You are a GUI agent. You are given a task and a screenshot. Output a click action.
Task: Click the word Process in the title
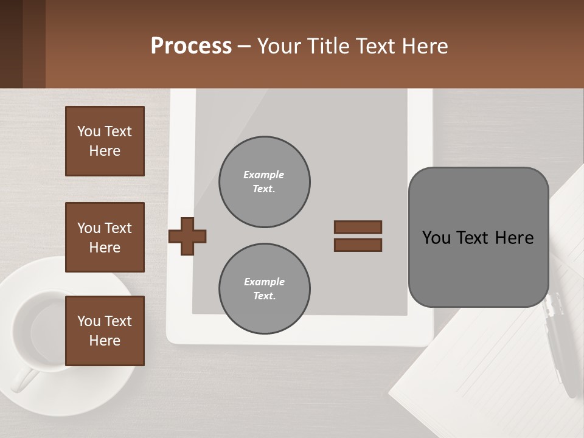pyautogui.click(x=191, y=46)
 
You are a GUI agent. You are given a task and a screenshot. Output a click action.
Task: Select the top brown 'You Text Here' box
pyautogui.click(x=105, y=141)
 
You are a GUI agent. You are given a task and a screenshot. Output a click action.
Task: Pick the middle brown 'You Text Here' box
pyautogui.click(x=105, y=237)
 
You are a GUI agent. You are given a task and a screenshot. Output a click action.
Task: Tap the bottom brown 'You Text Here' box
pyautogui.click(x=105, y=331)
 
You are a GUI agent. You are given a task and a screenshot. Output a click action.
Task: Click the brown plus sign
pyautogui.click(x=187, y=236)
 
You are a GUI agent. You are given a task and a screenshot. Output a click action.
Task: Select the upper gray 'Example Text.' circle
pyautogui.click(x=264, y=182)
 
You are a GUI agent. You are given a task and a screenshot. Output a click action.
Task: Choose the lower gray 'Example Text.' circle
pyautogui.click(x=264, y=289)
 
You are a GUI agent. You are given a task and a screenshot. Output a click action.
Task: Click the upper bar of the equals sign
pyautogui.click(x=358, y=227)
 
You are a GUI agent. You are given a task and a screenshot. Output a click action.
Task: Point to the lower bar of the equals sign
pyautogui.click(x=358, y=245)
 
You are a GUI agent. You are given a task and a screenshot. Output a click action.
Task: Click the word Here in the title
pyautogui.click(x=423, y=46)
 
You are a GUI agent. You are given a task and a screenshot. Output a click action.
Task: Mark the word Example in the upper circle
pyautogui.click(x=263, y=175)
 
